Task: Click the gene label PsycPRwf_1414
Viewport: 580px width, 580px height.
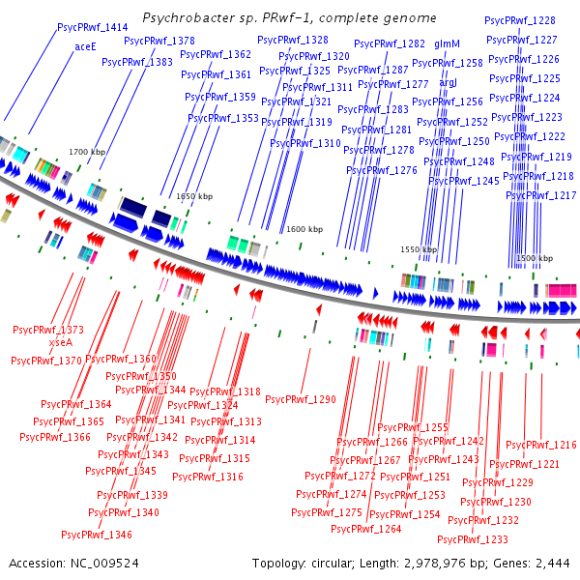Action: [93, 28]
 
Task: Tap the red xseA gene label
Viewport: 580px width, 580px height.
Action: [60, 342]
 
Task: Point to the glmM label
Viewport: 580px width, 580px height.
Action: [447, 44]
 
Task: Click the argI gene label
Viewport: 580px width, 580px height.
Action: [449, 83]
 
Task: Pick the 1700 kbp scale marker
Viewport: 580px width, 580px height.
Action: [88, 152]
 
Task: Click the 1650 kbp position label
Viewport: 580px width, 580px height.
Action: [193, 196]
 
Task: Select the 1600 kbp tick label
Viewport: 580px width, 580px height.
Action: [304, 229]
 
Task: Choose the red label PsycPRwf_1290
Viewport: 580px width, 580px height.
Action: [301, 399]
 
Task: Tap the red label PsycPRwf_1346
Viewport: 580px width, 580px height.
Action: [97, 535]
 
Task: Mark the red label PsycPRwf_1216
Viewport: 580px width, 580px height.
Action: [541, 445]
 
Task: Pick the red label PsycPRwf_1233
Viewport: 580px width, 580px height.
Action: [473, 539]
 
